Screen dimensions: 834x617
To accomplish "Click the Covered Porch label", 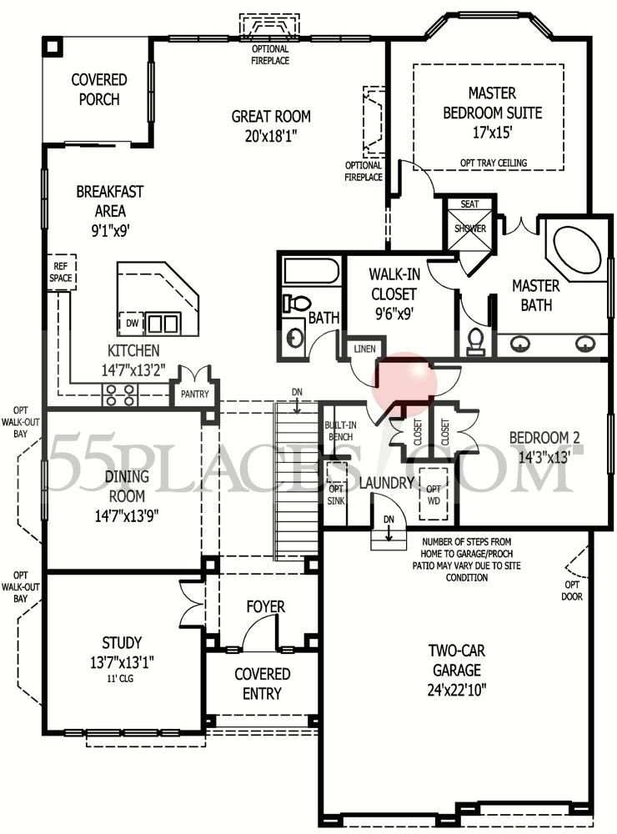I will (x=99, y=90).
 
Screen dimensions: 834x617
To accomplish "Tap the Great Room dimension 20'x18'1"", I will (x=271, y=134).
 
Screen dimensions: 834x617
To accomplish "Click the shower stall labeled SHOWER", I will (x=470, y=228).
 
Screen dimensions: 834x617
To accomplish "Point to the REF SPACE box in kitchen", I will (x=60, y=272).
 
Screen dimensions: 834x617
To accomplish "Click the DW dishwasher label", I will (x=132, y=323).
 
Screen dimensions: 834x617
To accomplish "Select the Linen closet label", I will (x=364, y=349).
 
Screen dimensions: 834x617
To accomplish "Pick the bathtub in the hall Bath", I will (x=310, y=272).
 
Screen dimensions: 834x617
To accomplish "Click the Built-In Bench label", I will (x=339, y=431).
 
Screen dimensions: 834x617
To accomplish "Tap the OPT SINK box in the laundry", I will (x=336, y=494).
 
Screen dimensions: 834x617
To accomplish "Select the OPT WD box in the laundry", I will (x=433, y=495).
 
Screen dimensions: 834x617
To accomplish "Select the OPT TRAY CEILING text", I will (x=493, y=163).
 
